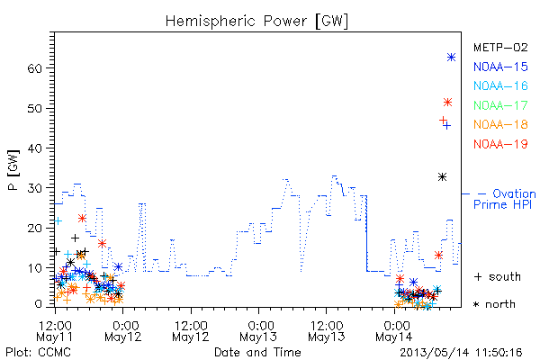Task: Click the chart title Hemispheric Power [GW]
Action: [256, 21]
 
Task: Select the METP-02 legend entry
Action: [500, 47]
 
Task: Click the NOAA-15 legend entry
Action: [500, 67]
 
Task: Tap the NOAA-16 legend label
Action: [500, 85]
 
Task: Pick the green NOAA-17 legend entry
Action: [500, 105]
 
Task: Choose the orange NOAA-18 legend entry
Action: [500, 124]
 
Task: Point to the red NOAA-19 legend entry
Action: [500, 144]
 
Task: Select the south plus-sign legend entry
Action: [498, 276]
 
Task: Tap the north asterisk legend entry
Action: [494, 304]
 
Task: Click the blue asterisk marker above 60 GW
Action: [451, 58]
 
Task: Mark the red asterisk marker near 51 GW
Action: [447, 103]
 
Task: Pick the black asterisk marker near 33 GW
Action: [442, 177]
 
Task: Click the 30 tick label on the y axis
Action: [35, 188]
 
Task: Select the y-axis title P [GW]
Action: [13, 170]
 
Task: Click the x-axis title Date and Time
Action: [257, 353]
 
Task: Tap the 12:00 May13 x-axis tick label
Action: [327, 331]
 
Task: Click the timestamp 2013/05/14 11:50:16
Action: [461, 353]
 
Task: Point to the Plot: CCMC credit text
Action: [38, 353]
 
